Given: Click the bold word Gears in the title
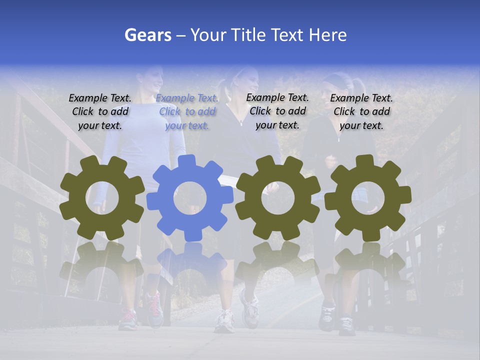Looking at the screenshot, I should pos(147,35).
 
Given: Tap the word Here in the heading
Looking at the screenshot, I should pos(327,35).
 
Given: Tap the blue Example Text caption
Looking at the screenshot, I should pos(187,111).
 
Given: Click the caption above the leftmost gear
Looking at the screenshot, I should pos(100,111).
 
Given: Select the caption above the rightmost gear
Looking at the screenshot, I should pos(361,111).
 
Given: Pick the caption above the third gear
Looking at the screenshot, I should pos(277,111).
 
